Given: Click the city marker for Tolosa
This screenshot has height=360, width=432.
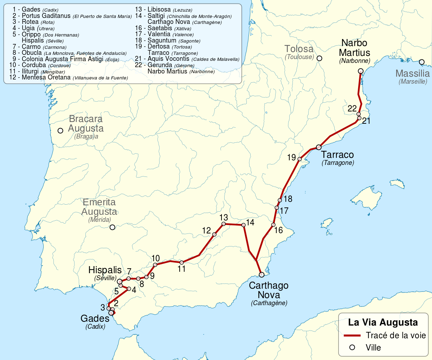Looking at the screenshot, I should coord(319,58).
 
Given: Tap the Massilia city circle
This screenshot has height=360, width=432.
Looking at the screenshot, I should coord(421,62).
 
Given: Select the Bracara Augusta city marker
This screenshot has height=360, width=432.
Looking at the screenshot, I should coord(60,131).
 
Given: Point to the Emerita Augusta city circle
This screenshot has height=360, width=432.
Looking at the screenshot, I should coord(112,227).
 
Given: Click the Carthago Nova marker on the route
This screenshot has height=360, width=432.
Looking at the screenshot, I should coord(262,275).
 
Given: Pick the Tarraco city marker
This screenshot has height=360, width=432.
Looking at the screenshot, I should coord(319,147).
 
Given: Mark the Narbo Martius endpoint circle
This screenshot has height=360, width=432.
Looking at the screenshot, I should coord(360,71).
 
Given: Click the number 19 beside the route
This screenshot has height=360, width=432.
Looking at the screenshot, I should coord(291,157).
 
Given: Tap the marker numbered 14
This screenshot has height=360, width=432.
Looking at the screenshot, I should coord(243,225).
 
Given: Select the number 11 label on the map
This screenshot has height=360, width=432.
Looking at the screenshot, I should coord(182,269).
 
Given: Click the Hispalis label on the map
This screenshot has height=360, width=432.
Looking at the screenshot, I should coord(105,270).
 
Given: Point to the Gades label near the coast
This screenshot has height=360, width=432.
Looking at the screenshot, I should coord(95,319).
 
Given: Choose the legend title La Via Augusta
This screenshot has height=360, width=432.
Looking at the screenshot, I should coord(383,322).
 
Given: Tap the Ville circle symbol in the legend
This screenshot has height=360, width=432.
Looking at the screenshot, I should coord(352,347).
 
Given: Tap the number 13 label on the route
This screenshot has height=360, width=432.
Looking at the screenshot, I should coord(224,217).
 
